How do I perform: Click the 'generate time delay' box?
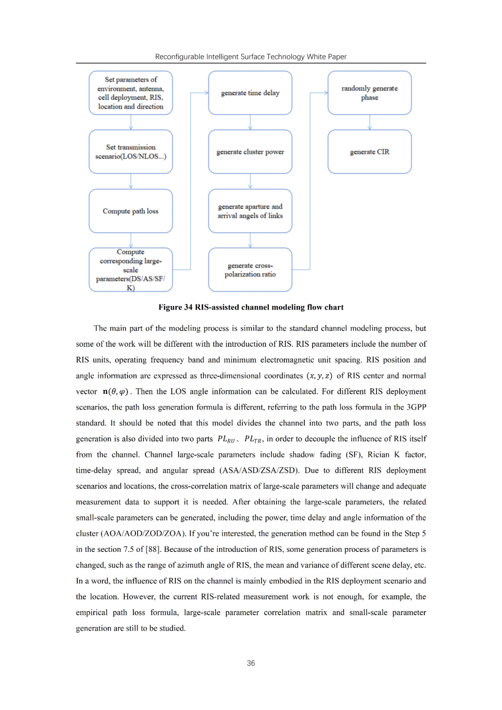pyautogui.click(x=250, y=93)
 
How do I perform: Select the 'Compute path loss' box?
pyautogui.click(x=131, y=211)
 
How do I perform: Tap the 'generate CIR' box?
pyautogui.click(x=370, y=152)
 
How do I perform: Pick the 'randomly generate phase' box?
pyautogui.click(x=370, y=93)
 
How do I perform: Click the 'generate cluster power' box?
pyautogui.click(x=250, y=152)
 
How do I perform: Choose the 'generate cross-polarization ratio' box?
pyautogui.click(x=250, y=270)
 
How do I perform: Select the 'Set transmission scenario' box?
pyautogui.click(x=131, y=152)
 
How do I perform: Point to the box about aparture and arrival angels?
pyautogui.click(x=250, y=211)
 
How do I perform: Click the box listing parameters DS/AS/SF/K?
pyautogui.click(x=131, y=270)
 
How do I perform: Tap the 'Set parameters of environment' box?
pyautogui.click(x=131, y=93)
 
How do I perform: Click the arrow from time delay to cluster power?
pyautogui.click(x=250, y=122)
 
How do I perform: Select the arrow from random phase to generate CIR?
pyautogui.click(x=370, y=122)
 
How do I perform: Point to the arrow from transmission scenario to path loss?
pyautogui.click(x=131, y=181)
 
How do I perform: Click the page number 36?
pyautogui.click(x=251, y=663)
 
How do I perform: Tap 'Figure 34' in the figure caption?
pyautogui.click(x=175, y=307)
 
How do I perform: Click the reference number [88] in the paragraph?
pyautogui.click(x=153, y=550)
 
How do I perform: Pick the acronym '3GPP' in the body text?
pyautogui.click(x=416, y=407)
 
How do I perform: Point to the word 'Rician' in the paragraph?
pyautogui.click(x=378, y=455)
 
